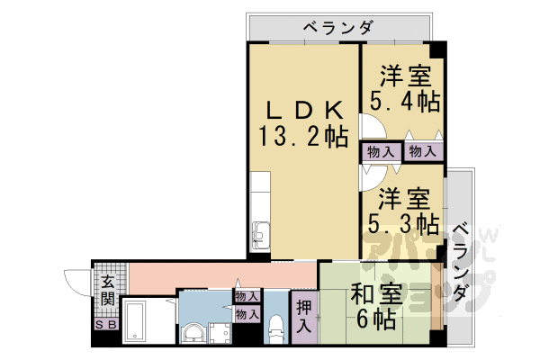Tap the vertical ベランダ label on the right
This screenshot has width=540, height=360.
[460, 261]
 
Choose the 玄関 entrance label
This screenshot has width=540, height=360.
[107, 289]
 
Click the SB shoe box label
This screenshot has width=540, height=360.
[106, 325]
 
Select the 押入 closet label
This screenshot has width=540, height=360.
[303, 315]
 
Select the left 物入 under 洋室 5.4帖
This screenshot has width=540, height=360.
[378, 151]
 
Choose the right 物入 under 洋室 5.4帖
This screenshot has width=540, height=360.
[422, 151]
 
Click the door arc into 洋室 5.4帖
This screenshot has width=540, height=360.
[370, 127]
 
